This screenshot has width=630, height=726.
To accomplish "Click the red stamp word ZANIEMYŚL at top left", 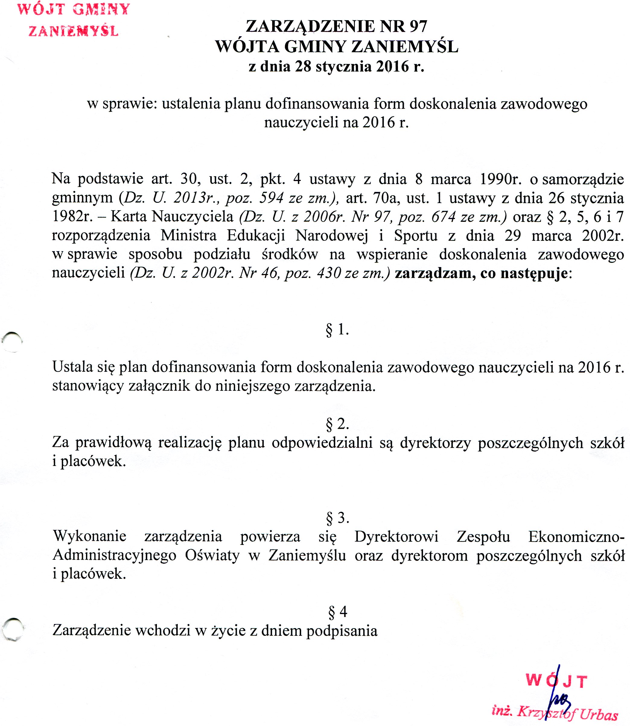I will pyautogui.click(x=73, y=32).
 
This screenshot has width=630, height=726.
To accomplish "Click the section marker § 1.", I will pyautogui.click(x=337, y=330).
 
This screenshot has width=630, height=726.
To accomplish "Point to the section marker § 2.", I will pyautogui.click(x=337, y=424).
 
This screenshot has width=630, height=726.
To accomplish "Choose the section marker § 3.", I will pyautogui.click(x=337, y=518).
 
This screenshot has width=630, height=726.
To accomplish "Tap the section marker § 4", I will pyautogui.click(x=337, y=612).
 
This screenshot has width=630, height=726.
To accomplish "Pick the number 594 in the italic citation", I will pyautogui.click(x=271, y=198).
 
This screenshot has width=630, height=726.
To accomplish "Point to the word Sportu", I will pyautogui.click(x=415, y=236).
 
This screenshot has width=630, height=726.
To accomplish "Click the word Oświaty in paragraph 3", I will pyautogui.click(x=212, y=556).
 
